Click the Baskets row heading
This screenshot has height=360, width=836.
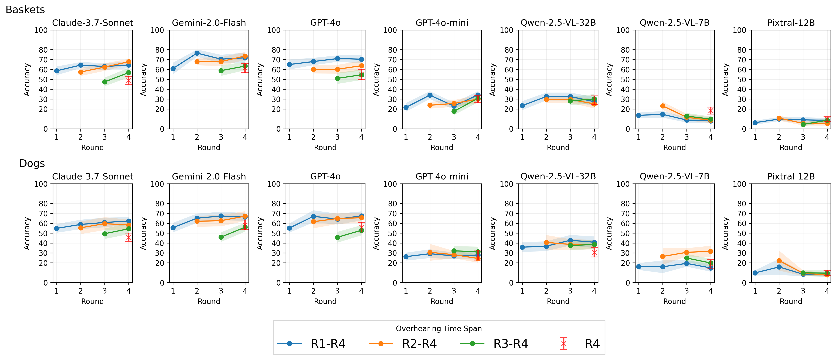coord(25,10)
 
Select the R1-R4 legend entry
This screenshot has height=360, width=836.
coord(312,344)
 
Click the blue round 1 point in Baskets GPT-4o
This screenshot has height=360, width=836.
coord(290,65)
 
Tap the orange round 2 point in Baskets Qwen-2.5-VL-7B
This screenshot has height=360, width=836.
coord(663,106)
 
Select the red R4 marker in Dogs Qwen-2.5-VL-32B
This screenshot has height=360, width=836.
coord(594,252)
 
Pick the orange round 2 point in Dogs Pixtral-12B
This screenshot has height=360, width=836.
coord(779,261)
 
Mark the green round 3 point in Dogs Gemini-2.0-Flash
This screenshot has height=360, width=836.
coord(221,237)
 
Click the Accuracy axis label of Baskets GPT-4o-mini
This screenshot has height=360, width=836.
coord(376,80)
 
